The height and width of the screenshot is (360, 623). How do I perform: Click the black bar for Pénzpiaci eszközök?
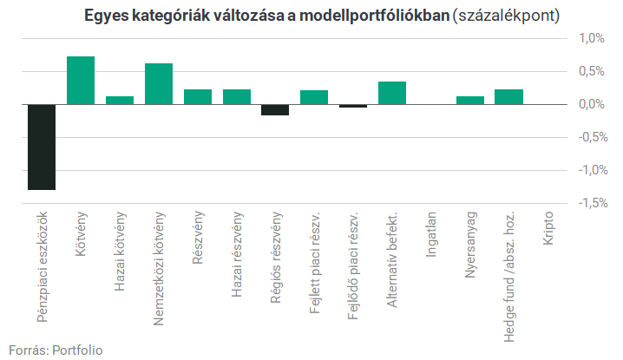(x=42, y=147)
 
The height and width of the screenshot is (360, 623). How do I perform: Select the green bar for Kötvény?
(x=81, y=81)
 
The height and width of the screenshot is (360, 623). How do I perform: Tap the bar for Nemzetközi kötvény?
(x=159, y=84)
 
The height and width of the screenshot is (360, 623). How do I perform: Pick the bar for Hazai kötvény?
(x=120, y=100)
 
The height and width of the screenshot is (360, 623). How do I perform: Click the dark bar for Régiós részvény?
(x=275, y=109)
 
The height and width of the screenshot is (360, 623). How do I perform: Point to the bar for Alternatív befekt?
(x=392, y=93)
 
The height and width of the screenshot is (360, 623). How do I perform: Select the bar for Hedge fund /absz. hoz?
(x=509, y=97)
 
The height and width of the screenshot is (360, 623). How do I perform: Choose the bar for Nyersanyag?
(x=470, y=100)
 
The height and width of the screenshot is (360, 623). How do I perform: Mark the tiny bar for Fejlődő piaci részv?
(x=353, y=106)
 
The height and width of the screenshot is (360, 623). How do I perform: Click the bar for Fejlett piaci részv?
(x=314, y=97)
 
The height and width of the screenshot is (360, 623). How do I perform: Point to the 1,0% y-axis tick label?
(x=591, y=38)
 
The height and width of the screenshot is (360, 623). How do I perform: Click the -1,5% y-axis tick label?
(x=593, y=203)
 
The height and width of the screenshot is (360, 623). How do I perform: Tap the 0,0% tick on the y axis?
(x=591, y=104)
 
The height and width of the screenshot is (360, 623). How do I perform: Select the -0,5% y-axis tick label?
(x=593, y=137)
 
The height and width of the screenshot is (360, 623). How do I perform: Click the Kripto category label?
(x=548, y=228)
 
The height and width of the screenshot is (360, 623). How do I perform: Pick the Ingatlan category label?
(x=431, y=234)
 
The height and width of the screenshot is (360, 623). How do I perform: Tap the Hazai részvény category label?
(x=237, y=254)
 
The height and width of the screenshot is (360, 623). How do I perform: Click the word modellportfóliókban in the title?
(x=374, y=16)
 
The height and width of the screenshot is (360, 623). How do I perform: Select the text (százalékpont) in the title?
(x=506, y=16)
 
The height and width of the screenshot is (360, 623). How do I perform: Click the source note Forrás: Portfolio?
(x=56, y=350)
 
